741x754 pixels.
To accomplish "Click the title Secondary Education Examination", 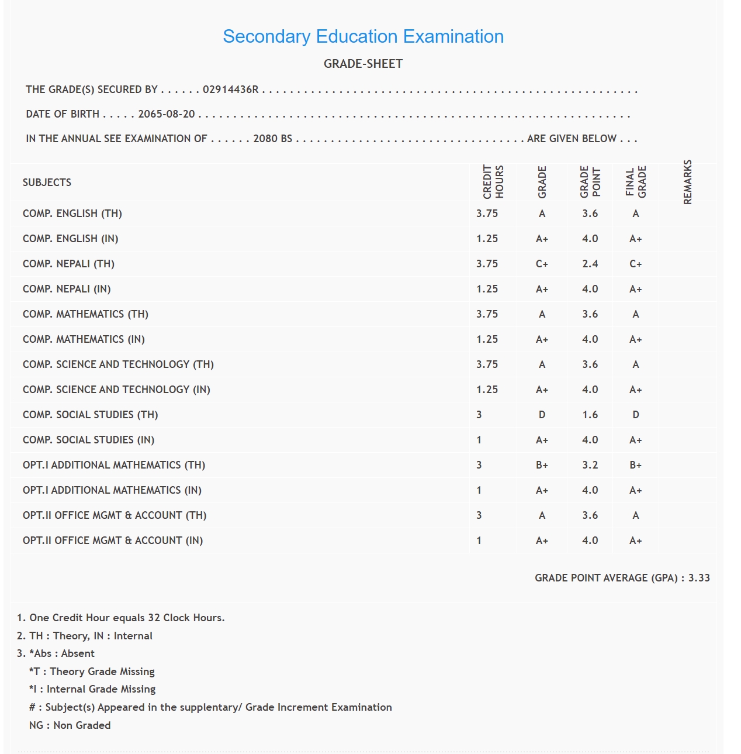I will point(363,36).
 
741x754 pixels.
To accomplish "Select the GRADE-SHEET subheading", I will point(363,64).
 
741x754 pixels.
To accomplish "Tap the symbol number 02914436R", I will point(230,89).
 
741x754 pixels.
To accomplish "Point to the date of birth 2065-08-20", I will point(167,114).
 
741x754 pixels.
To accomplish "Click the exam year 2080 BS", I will point(272,139).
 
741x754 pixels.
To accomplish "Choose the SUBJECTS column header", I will point(47,183).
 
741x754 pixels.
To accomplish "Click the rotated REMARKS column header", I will point(688,182).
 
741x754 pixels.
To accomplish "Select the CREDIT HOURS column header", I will point(493,182).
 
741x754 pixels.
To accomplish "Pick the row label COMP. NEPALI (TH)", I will point(68,264).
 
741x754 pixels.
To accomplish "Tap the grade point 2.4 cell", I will point(590,264).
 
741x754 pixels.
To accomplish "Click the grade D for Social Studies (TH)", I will point(542,415).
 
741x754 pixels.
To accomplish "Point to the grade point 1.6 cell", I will point(590,415).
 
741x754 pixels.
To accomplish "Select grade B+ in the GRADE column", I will point(542,465).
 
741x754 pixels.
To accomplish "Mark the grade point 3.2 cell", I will point(590,465).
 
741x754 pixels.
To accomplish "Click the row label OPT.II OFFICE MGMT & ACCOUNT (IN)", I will point(113,540).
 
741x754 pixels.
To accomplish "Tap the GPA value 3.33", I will point(699,578).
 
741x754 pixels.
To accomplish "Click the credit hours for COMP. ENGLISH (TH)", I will point(487,214).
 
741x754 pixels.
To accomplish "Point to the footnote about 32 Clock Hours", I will point(121,618).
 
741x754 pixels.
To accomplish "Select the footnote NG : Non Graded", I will point(70,725).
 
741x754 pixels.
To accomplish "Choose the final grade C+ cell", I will point(635,264).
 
